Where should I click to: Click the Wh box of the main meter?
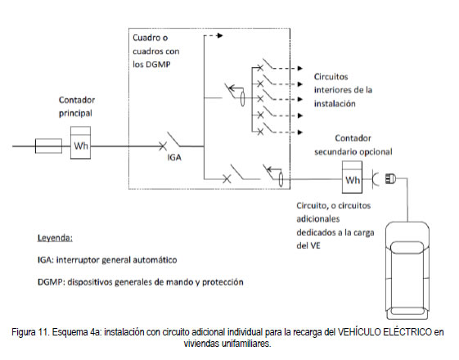coord(80,143)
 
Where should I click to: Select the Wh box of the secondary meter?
coord(352,177)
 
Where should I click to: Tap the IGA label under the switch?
coord(174,157)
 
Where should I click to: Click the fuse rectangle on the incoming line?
coord(48,146)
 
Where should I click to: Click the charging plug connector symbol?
coord(390,178)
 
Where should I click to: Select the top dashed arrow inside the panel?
coord(214,36)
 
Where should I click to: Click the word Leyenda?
coord(55,238)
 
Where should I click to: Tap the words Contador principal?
coord(77,106)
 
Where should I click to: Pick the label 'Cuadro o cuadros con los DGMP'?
coord(156,51)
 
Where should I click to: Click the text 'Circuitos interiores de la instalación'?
coord(343,90)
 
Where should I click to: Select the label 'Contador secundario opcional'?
coord(353,145)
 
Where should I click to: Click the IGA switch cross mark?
coord(163,146)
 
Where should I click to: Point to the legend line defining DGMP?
coord(141,282)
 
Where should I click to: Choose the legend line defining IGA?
coord(107,260)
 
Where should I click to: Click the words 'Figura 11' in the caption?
coord(31,332)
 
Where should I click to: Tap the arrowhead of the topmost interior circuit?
coord(300,68)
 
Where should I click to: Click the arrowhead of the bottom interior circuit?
coord(300,133)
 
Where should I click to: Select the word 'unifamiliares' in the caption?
coord(246,344)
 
